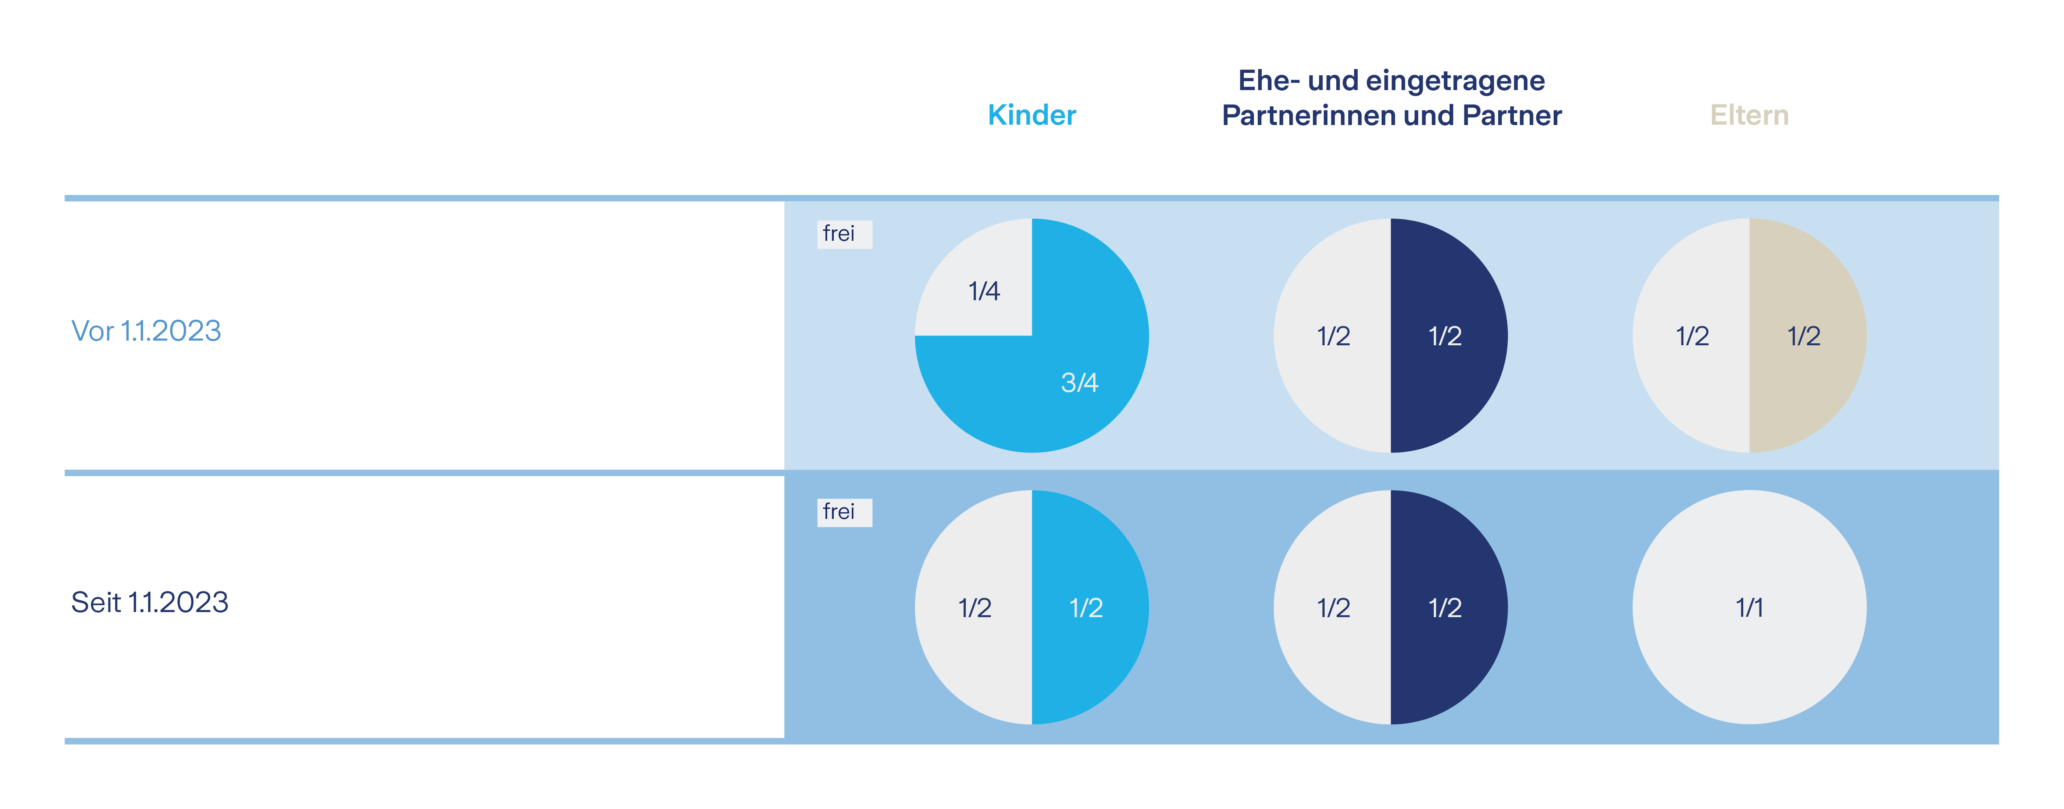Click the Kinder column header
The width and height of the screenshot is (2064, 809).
tap(1031, 115)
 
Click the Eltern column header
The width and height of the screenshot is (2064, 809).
tap(1749, 115)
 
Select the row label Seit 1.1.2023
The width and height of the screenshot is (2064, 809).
tap(150, 602)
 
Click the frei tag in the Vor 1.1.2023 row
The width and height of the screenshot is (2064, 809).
tap(844, 234)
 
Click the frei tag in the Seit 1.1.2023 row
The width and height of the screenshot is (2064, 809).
tap(844, 512)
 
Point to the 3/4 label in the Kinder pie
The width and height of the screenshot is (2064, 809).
tap(1079, 383)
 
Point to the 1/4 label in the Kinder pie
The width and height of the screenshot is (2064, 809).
tap(984, 291)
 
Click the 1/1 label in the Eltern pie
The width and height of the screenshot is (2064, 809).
tap(1749, 608)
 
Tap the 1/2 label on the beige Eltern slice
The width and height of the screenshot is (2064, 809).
tap(1803, 336)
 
